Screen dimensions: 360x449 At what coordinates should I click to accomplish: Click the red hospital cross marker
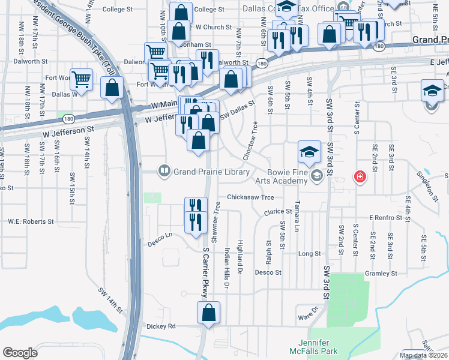(360, 176)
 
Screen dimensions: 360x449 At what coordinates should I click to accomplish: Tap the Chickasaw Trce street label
(250, 197)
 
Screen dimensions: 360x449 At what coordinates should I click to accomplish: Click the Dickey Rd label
(161, 326)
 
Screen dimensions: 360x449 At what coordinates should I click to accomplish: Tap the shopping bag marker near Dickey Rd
(208, 313)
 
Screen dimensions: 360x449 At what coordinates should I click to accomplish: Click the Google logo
(20, 353)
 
